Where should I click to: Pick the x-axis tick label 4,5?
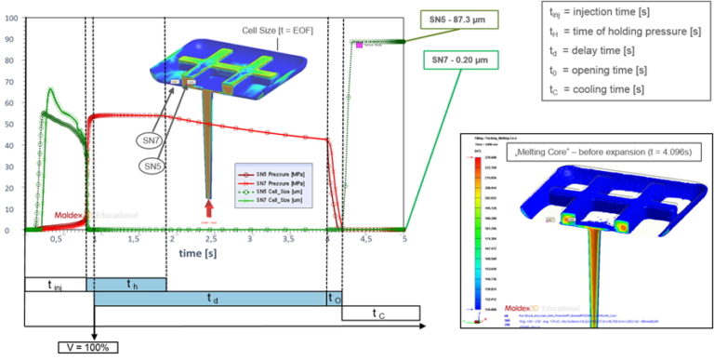pyautogui.click(x=365, y=239)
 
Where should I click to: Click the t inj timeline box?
pyautogui.click(x=55, y=284)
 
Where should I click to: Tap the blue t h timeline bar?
pyautogui.click(x=126, y=284)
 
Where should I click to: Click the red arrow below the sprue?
pyautogui.click(x=208, y=206)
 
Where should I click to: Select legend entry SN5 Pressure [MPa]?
pyautogui.click(x=273, y=173)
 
